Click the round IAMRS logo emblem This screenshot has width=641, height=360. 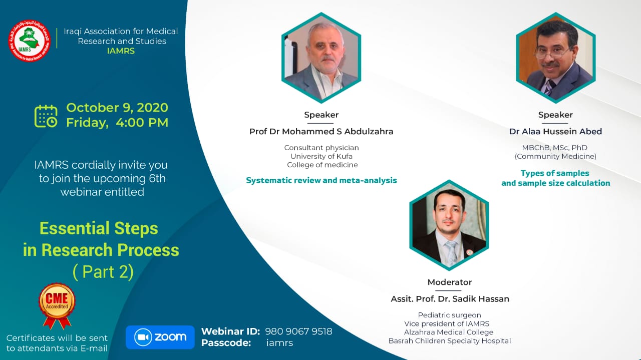[x=29, y=41]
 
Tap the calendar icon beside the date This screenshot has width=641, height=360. [x=46, y=116]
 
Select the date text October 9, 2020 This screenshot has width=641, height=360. [x=117, y=108]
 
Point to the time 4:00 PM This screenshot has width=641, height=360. [x=142, y=123]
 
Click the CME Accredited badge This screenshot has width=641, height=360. [x=57, y=305]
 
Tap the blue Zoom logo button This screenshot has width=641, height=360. [x=160, y=337]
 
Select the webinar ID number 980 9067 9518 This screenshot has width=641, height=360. [x=298, y=331]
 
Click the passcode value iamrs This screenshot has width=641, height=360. [x=279, y=343]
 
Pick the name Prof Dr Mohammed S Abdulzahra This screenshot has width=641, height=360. [x=322, y=131]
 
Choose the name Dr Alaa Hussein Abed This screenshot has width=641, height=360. [x=555, y=131]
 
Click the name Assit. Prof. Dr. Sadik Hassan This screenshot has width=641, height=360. [x=450, y=299]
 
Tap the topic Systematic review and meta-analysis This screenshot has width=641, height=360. [x=322, y=180]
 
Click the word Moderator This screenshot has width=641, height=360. [x=450, y=282]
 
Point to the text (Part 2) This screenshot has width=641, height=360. [x=103, y=271]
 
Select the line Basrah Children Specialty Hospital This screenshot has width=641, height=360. [x=450, y=341]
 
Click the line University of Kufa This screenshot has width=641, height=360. [x=322, y=156]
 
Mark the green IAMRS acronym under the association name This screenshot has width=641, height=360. [x=121, y=51]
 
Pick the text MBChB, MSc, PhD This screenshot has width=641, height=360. [x=554, y=148]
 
